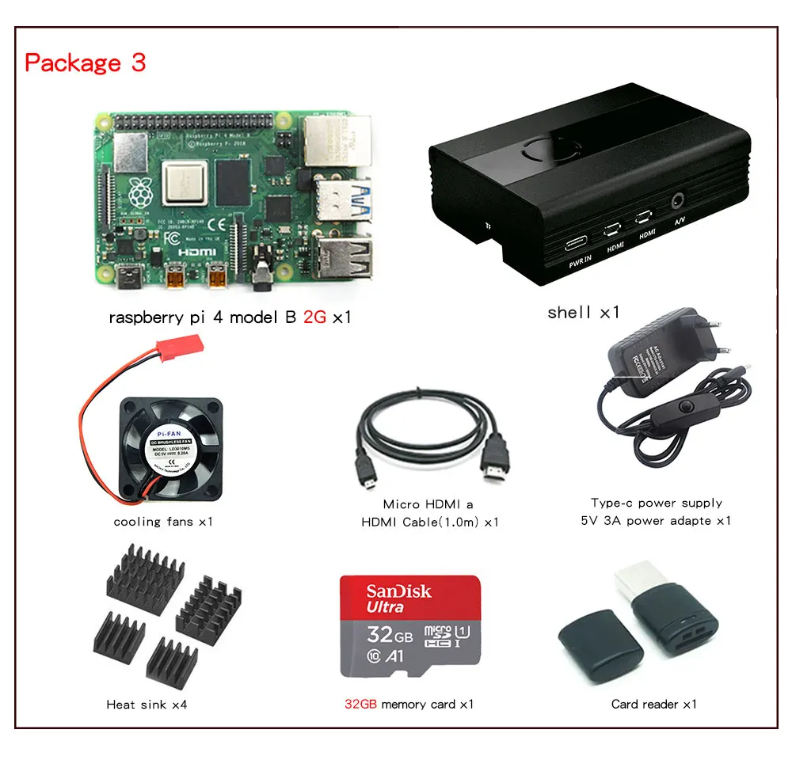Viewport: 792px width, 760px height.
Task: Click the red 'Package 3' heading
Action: click(86, 63)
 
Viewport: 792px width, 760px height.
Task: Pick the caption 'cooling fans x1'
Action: click(163, 522)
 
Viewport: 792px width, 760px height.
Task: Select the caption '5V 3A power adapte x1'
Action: click(656, 520)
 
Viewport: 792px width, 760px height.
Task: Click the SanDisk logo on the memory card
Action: click(398, 591)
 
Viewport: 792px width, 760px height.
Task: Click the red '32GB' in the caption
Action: click(360, 704)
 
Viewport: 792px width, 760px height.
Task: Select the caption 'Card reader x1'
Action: click(653, 704)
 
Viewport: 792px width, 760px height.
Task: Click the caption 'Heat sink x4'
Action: click(147, 704)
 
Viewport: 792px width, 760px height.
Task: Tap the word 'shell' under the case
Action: click(569, 313)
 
